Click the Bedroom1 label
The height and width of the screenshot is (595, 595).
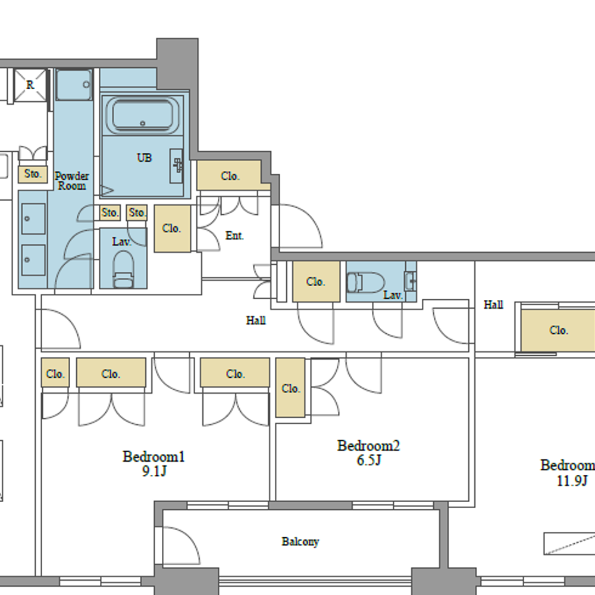pos(154,456)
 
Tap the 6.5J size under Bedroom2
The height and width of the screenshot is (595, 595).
pos(368,461)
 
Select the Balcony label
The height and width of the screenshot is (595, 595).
pos(300,541)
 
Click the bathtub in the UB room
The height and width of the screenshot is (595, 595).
pos(143,115)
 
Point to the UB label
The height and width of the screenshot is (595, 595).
pos(144,158)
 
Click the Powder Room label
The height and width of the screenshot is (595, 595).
pos(72,181)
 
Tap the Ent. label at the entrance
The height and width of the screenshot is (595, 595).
pos(234,236)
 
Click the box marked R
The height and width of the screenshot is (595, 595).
pos(30,85)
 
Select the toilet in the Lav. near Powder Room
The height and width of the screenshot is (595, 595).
pos(123,269)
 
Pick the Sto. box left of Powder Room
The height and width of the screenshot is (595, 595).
pos(33,174)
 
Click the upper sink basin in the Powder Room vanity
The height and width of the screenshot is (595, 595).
pos(33,218)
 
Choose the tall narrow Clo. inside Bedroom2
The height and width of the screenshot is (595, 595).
pos(290,388)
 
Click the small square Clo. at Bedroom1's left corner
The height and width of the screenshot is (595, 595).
pos(55,373)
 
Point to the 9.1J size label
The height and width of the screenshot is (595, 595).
pos(154,471)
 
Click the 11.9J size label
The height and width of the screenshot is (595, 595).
pos(572,481)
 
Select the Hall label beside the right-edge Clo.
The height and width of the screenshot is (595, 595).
pos(493,305)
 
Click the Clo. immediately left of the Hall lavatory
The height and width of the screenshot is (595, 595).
pos(316,281)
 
